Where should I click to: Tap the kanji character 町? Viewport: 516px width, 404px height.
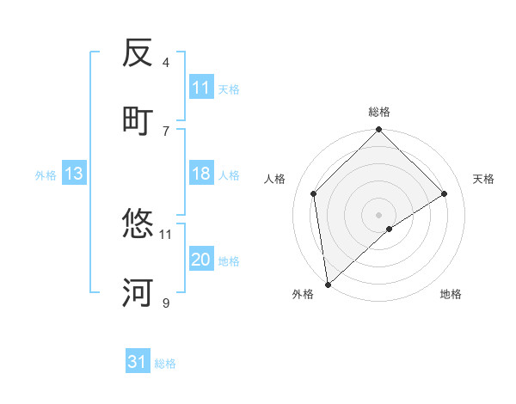[138, 120]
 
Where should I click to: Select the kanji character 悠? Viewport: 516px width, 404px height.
[138, 224]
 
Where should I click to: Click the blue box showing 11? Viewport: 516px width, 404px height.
[201, 88]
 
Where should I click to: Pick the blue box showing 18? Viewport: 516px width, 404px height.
[201, 174]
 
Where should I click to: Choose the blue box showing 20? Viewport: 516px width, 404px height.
[201, 260]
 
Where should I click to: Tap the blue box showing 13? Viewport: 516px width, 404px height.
[74, 174]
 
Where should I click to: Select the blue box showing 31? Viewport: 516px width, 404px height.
[138, 362]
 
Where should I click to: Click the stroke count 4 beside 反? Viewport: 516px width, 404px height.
[166, 62]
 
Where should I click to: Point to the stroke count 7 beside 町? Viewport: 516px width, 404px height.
[166, 130]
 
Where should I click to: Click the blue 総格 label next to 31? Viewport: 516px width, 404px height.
[165, 364]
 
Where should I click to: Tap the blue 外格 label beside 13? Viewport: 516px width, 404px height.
[46, 175]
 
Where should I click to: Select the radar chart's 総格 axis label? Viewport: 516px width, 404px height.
[379, 112]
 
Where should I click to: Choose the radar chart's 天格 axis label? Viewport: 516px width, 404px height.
[484, 179]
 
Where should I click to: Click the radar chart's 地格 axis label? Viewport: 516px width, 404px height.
[451, 294]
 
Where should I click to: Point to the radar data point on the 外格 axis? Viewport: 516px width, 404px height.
[327, 285]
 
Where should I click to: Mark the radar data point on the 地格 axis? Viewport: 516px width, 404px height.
[390, 229]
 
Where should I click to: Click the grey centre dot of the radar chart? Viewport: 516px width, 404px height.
[379, 214]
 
